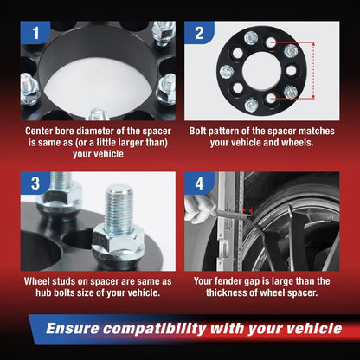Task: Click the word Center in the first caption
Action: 44,134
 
